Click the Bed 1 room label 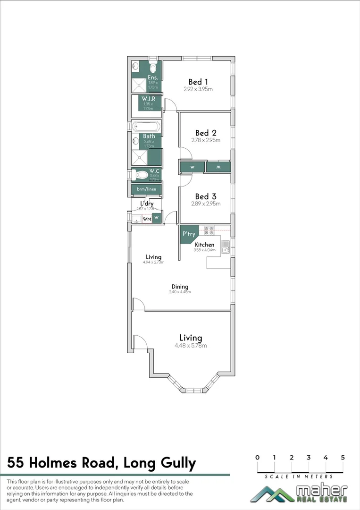(198, 81)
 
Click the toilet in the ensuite (153, 65)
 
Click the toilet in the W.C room (140, 175)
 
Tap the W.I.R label (149, 98)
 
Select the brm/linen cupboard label (146, 189)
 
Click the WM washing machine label (146, 219)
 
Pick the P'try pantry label (188, 234)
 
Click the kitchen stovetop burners (209, 231)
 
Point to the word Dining (180, 287)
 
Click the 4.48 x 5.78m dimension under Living (191, 346)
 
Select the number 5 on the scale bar (343, 457)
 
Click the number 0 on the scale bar (257, 457)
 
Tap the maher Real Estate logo (299, 493)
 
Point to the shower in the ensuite (140, 85)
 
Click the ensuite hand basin (135, 66)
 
